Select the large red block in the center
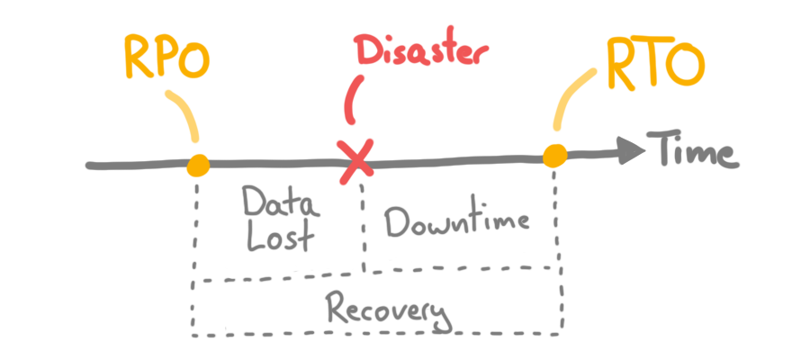450,94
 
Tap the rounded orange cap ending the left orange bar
194,166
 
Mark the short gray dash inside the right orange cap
585,156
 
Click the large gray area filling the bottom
405,270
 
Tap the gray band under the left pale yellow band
90,153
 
